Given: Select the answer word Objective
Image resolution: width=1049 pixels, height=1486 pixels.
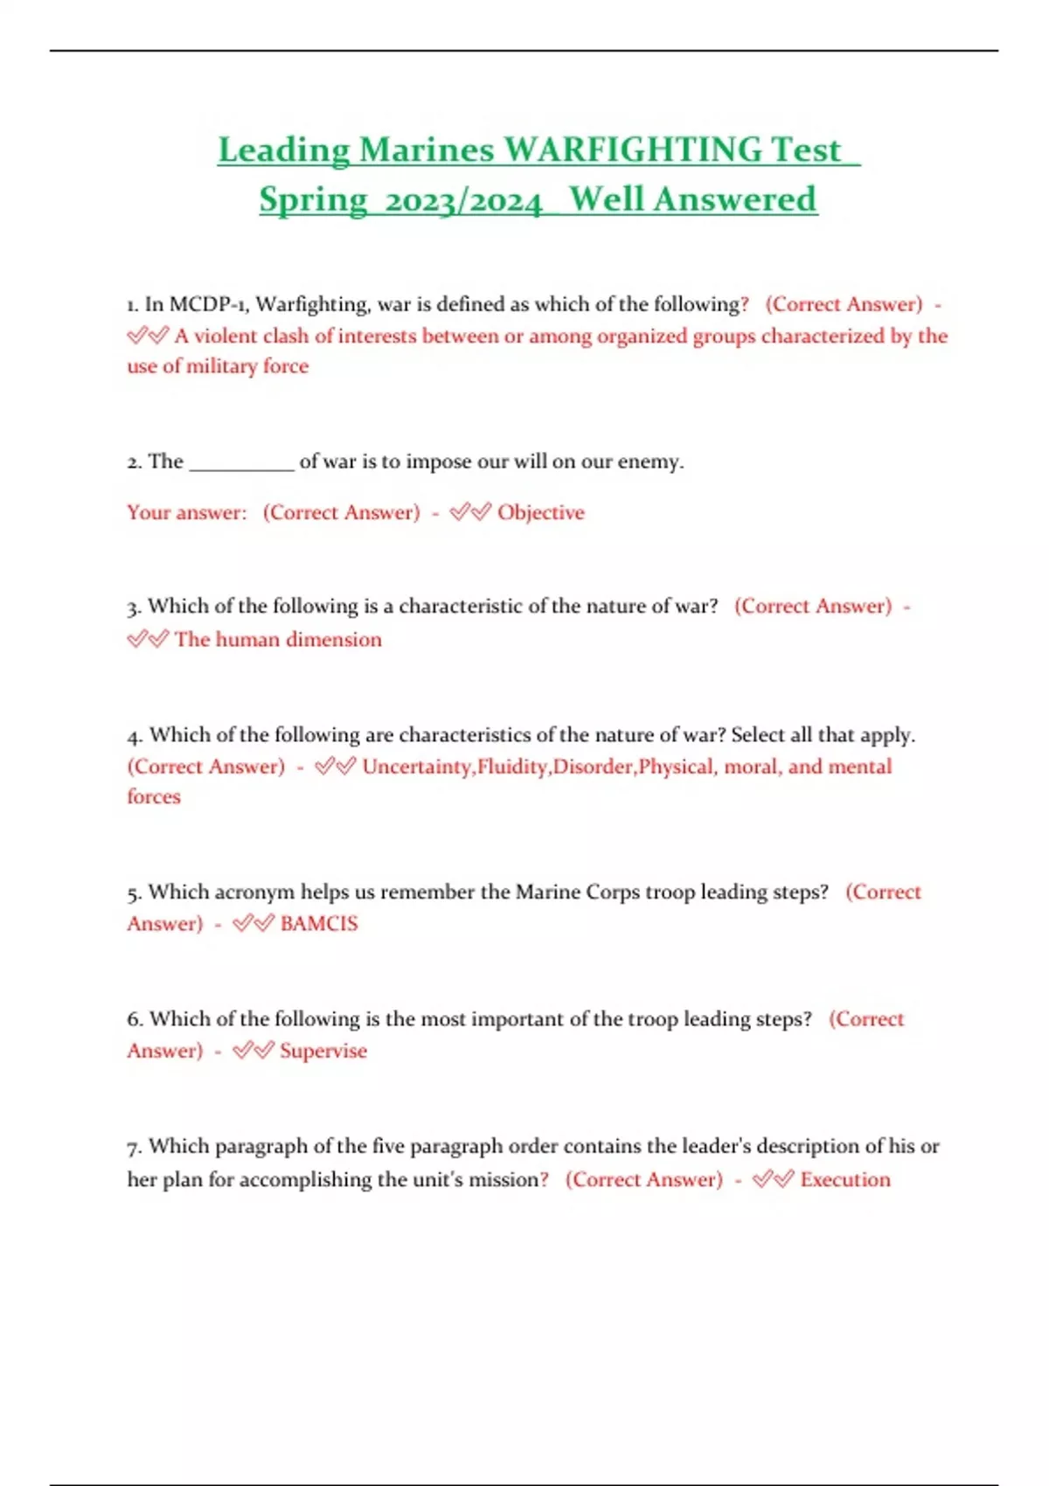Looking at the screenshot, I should point(540,512).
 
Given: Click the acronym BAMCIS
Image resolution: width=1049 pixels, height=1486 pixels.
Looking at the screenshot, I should point(319,924).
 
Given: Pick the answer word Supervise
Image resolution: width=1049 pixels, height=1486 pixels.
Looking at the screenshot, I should point(323,1051).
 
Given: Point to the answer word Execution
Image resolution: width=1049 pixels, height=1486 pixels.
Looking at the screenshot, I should point(845,1179).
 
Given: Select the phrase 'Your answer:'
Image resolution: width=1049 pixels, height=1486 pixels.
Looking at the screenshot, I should point(187,512).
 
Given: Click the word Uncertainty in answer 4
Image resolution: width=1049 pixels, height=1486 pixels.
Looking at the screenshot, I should point(417,767).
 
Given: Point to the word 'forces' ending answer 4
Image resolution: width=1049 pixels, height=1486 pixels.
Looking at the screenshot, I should point(154,797).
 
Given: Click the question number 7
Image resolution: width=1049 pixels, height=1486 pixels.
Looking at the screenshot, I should point(134,1147).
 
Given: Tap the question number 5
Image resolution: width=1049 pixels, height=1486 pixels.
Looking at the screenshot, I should point(134,893).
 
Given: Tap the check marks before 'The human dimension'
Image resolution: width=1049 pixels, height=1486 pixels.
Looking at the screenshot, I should point(147,640).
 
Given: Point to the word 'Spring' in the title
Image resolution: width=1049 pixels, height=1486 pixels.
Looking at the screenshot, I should point(313,200).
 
